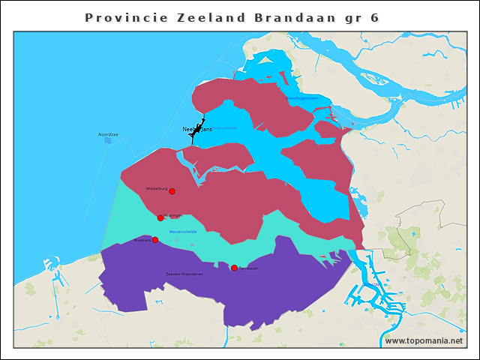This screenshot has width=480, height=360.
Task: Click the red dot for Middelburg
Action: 172,191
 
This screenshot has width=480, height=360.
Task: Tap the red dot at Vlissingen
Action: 160,217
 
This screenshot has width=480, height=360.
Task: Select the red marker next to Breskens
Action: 155,240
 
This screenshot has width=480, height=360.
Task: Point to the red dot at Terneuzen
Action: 234,268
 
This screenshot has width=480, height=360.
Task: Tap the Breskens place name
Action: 142,240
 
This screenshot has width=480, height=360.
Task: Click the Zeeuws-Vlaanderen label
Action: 184,274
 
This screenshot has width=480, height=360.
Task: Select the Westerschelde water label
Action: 183,232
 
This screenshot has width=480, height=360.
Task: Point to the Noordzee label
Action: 108,134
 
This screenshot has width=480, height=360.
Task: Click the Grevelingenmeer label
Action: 301,98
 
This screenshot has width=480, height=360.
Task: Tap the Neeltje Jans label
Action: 198,129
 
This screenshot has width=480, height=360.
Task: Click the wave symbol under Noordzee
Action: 108,140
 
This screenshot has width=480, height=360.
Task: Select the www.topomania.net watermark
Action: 424,340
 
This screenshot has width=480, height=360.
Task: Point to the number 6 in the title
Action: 374,16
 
